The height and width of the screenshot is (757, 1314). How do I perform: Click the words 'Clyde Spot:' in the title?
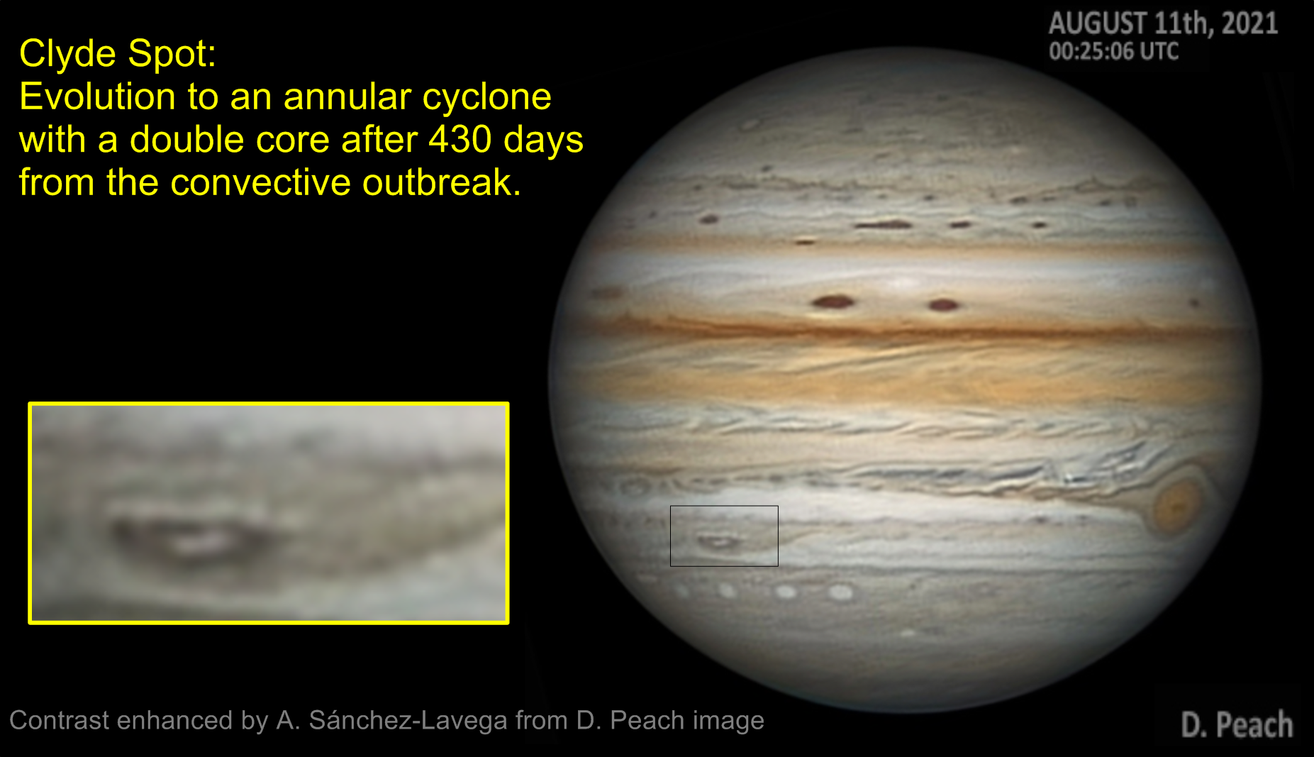tap(118, 54)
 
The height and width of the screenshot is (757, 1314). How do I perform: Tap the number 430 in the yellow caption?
tap(460, 139)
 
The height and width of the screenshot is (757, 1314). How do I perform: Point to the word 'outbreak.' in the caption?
tap(442, 182)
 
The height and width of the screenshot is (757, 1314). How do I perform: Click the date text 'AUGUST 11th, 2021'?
tap(1163, 23)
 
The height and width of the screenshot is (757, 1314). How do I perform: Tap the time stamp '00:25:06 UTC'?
tap(1113, 51)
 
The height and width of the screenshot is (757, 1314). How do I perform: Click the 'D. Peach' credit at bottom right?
tap(1237, 724)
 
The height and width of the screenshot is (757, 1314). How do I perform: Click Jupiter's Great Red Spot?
tap(1176, 505)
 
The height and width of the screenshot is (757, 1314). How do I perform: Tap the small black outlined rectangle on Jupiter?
tap(724, 506)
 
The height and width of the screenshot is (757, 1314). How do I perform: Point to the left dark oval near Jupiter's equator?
tap(833, 302)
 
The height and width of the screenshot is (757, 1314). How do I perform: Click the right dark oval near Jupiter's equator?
tap(943, 305)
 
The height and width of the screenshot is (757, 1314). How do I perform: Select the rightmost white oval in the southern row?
tap(840, 592)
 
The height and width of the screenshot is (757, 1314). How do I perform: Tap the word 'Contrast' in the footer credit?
tap(60, 720)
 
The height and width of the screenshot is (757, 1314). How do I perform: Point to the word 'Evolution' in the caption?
tap(97, 96)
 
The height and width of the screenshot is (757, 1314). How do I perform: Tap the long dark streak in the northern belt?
tap(884, 225)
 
